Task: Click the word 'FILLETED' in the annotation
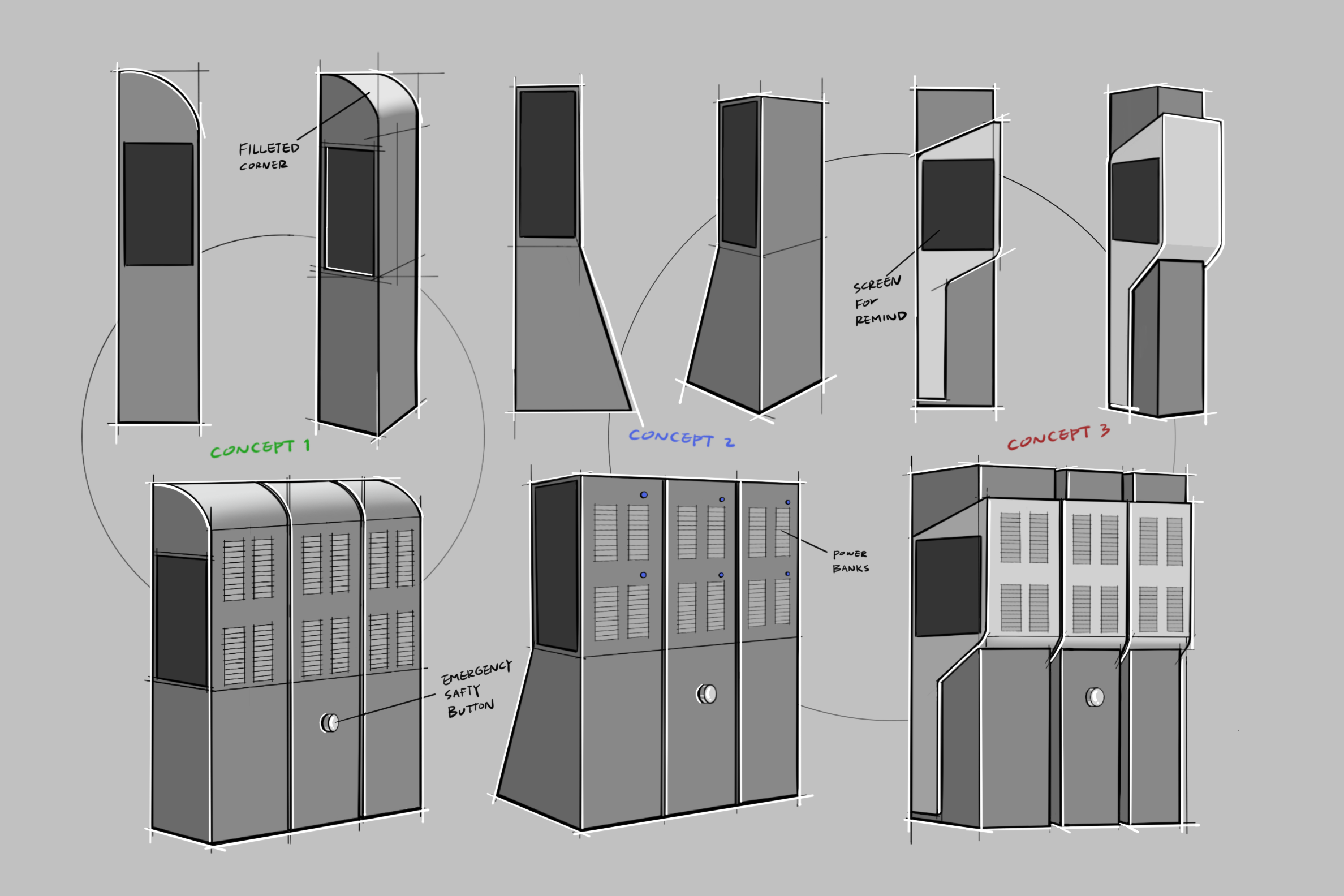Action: (x=269, y=149)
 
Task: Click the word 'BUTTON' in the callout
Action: (x=470, y=709)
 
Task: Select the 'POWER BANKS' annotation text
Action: (x=850, y=561)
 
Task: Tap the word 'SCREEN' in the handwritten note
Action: (x=877, y=283)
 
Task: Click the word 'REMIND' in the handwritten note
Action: (x=880, y=318)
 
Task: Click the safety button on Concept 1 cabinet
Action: (x=330, y=723)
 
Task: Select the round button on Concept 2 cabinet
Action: (x=707, y=693)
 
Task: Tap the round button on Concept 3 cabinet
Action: (x=1095, y=697)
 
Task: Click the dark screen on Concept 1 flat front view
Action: (x=158, y=204)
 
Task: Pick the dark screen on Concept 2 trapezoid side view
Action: (x=548, y=164)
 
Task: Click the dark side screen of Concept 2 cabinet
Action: (x=556, y=566)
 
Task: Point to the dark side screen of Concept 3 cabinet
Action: (x=948, y=586)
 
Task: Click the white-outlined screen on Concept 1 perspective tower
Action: (x=350, y=212)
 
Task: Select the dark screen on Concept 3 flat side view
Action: (x=958, y=205)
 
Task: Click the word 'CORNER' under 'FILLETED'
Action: (x=264, y=166)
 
